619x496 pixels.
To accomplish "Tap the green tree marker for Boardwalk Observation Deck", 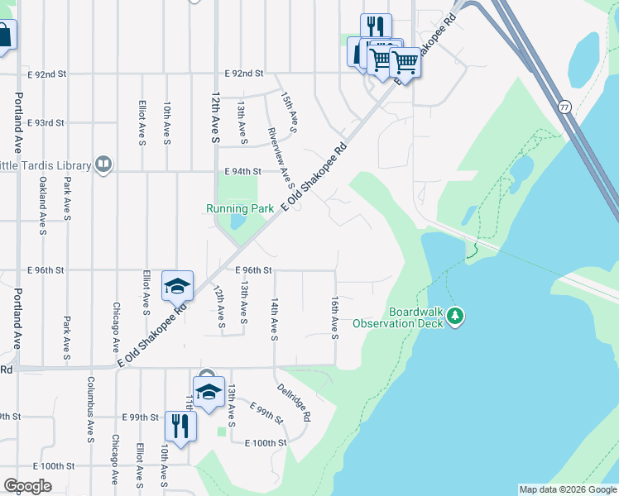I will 455,315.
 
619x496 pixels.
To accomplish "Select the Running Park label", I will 240,209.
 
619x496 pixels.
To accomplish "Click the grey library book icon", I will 103,164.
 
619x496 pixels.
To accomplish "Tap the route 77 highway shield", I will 564,107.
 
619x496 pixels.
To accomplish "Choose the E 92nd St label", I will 242,74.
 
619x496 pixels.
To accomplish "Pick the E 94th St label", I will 242,172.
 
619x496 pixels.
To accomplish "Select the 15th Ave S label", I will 289,112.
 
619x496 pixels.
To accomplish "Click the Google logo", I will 26,486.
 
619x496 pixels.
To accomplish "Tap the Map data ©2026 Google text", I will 567,489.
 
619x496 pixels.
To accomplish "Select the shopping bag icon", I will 3,36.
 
